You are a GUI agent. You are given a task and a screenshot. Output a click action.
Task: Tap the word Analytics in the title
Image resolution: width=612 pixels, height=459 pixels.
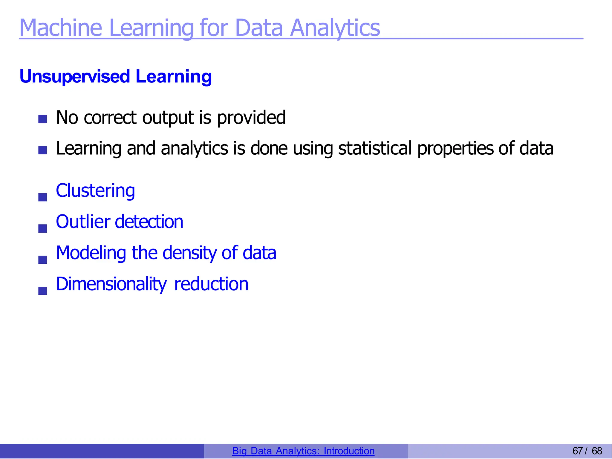[x=335, y=28]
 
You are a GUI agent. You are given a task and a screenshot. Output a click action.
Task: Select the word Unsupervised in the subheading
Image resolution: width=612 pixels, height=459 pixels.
[x=75, y=76]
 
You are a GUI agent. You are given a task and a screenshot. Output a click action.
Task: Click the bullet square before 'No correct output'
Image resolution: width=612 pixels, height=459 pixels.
[x=42, y=119]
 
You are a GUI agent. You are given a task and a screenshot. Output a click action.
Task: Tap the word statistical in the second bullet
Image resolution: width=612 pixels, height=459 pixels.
[x=375, y=148]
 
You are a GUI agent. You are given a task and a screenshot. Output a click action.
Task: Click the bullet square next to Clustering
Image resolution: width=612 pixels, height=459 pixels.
[x=42, y=197]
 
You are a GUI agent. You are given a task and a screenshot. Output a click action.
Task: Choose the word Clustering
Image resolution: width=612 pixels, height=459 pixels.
[x=95, y=191]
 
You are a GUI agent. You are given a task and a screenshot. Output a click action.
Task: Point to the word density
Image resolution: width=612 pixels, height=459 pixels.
[x=189, y=253]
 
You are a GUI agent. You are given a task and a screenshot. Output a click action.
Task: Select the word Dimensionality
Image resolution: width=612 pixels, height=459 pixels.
[x=111, y=284]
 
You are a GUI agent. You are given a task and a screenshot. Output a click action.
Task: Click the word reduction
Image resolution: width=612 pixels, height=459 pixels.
[x=211, y=284]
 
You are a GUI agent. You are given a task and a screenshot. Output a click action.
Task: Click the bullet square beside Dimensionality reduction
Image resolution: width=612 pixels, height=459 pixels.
[x=42, y=291]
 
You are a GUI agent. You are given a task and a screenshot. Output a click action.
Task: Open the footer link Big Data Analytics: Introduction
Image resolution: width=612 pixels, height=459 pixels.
[x=303, y=451]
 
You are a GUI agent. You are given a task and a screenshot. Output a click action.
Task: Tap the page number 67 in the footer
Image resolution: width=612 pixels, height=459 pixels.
[x=577, y=451]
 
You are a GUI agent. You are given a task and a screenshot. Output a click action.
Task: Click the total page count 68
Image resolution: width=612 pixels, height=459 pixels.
[x=597, y=451]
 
